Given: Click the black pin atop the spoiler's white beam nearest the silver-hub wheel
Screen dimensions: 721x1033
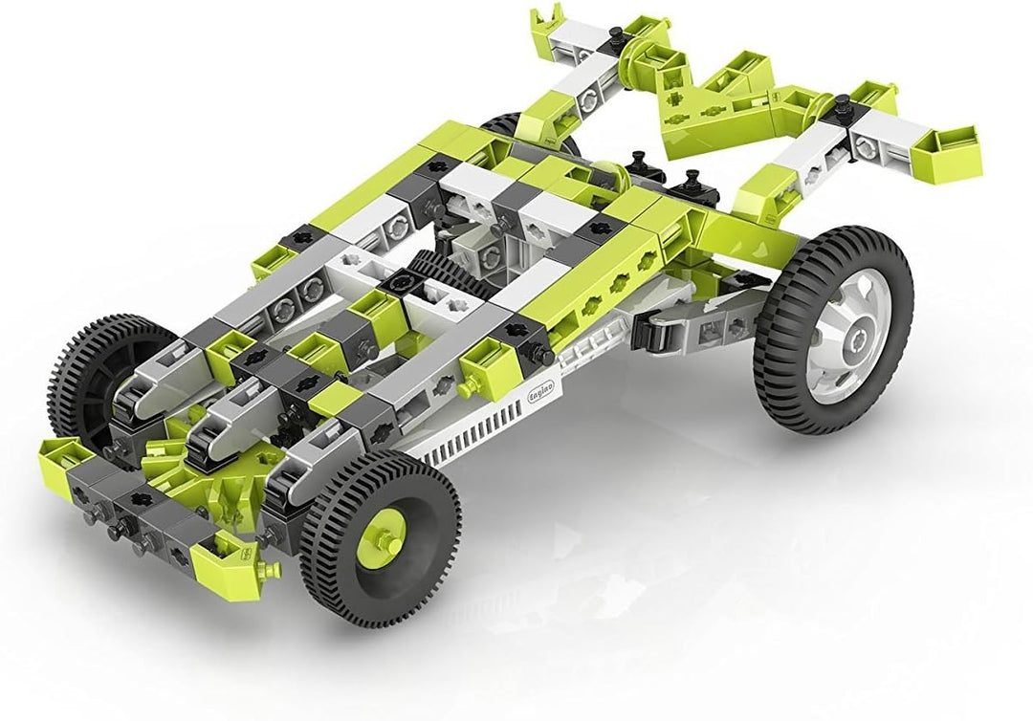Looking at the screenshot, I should point(842,104).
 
